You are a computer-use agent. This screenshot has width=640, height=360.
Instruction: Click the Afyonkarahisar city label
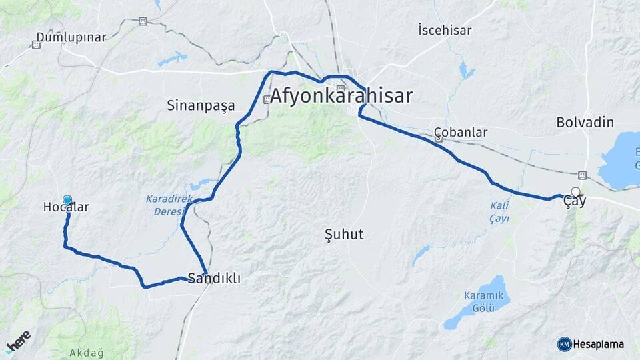point(341,96)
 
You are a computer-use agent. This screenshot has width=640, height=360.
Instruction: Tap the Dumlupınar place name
point(71,37)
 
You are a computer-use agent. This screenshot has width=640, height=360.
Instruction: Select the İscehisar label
point(444,30)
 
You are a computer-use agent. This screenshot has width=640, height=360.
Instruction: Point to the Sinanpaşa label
point(197,105)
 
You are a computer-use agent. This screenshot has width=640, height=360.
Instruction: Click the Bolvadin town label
point(585,123)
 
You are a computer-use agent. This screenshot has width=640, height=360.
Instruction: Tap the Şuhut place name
point(343,234)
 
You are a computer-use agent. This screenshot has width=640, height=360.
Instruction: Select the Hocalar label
point(66,207)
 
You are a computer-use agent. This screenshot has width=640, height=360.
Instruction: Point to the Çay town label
point(575,201)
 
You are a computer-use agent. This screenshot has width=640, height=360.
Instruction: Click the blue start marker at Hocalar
point(67,199)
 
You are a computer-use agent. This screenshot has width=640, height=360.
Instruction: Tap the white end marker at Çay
point(575,192)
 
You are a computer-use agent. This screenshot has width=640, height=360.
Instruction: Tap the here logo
point(18,341)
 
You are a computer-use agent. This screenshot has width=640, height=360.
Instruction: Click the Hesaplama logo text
point(599,344)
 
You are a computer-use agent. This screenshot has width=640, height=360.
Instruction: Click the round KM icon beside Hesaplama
point(564,344)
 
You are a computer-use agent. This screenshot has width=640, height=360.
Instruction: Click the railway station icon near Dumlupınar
point(36,45)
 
